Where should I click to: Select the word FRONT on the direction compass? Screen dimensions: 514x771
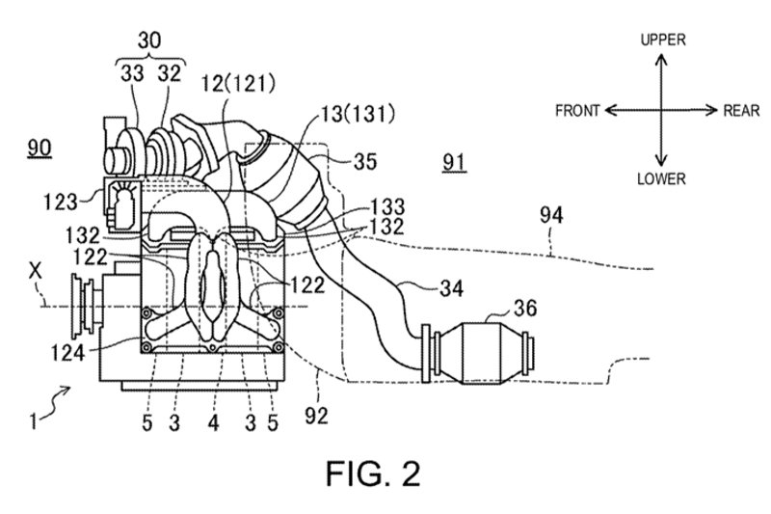pos(577,111)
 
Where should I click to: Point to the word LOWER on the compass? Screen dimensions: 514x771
pos(660,179)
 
